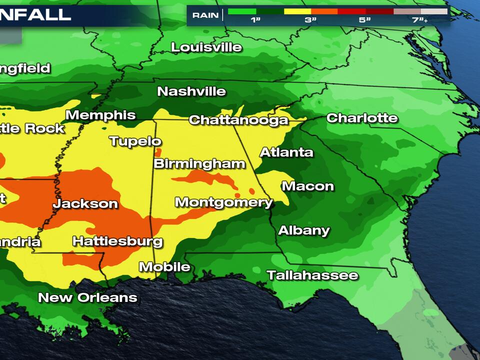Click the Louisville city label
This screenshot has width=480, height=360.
coord(206,47)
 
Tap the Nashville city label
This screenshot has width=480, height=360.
coord(191,91)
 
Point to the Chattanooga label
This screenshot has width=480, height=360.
coord(238,120)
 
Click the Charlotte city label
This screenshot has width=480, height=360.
coord(362,118)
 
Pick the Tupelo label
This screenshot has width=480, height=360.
coord(135,141)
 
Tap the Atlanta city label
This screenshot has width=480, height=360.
coord(286,152)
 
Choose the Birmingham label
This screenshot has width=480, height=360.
coord(199,164)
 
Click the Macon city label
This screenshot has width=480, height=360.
coord(307,186)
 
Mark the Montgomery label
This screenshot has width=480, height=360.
coord(223,202)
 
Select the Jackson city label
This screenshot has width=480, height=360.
coord(85,203)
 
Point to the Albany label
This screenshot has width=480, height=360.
coord(304,230)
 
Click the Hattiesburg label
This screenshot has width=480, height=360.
coord(117,241)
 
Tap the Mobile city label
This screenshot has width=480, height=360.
coord(164,267)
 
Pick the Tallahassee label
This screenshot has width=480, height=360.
coord(312,275)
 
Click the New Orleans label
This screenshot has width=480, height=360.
coord(87,297)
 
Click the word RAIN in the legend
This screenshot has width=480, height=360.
coord(205,15)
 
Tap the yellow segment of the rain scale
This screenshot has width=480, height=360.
coord(297,11)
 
